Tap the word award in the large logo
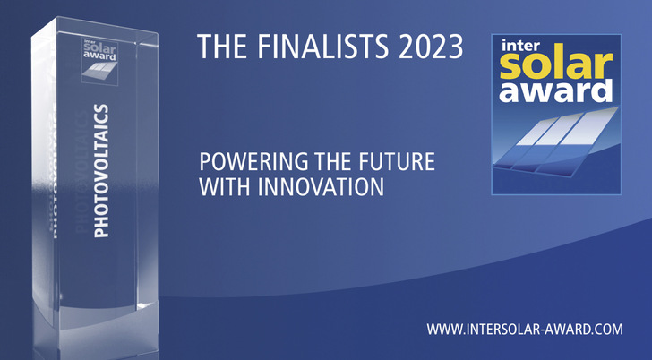tap(556, 91)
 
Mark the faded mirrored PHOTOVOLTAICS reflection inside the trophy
tap(81, 188)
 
